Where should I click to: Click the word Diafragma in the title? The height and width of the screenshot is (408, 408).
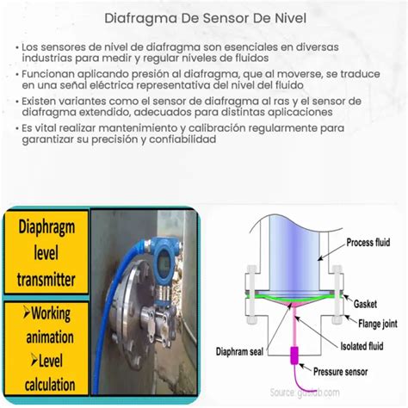(x=141, y=16)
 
